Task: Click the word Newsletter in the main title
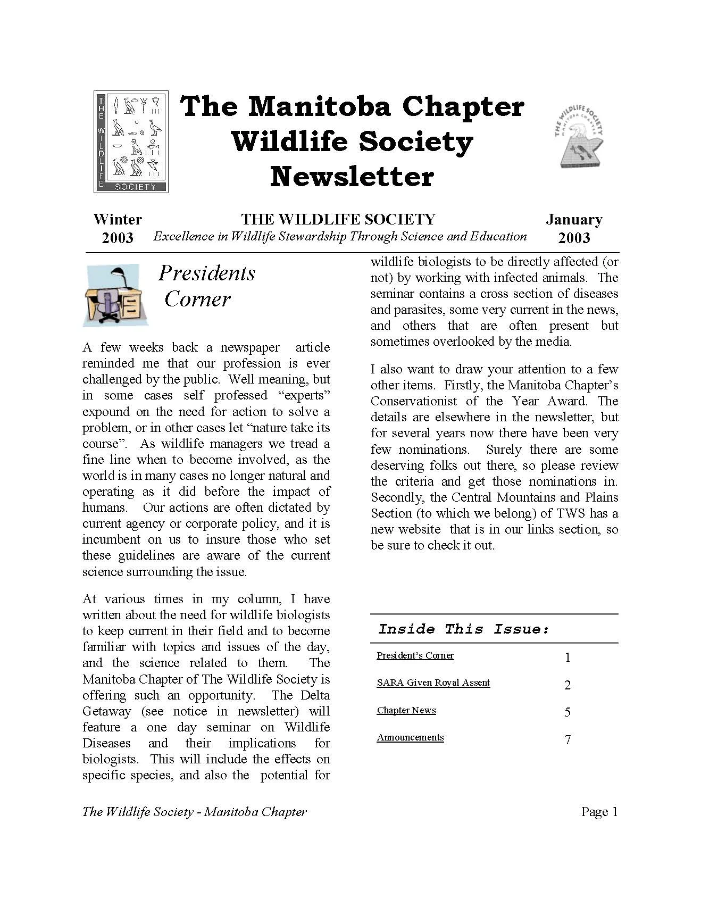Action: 352,177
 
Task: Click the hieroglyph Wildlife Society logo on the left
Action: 131,142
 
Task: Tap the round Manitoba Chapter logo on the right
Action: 579,136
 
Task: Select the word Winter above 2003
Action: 118,220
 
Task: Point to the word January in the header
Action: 574,220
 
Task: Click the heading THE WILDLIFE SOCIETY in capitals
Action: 338,219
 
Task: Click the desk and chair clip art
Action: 115,296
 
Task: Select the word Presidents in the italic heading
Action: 207,273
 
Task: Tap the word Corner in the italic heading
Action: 197,299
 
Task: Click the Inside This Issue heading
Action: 463,629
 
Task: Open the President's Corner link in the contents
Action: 415,655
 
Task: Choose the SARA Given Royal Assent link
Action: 433,683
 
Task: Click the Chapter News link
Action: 406,710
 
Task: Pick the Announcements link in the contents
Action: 410,737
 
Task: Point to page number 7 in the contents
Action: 568,739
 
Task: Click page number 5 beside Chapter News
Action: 568,712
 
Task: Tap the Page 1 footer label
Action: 599,812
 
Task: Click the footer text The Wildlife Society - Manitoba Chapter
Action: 195,812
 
